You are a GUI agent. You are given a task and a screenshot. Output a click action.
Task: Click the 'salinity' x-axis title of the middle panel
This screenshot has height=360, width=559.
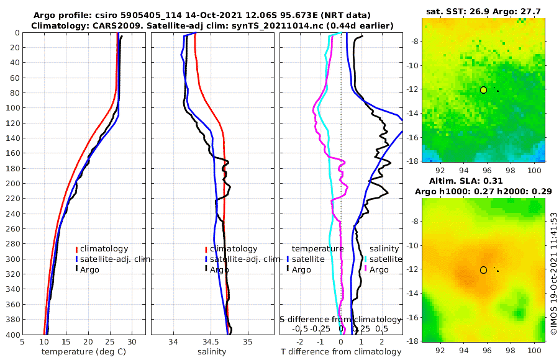[211, 352]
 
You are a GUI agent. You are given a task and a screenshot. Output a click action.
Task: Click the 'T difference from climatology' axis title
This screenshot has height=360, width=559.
[341, 352]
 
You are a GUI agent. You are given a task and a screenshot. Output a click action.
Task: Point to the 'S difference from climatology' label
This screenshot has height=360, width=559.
[341, 319]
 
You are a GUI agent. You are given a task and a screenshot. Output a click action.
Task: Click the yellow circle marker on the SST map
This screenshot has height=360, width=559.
[483, 90]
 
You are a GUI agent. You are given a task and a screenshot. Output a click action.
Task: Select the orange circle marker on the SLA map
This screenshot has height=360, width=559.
[483, 270]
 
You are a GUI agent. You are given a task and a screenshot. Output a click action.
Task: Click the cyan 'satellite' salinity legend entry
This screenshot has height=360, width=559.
[386, 259]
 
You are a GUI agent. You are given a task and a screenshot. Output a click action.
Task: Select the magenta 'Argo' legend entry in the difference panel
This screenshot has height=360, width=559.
[379, 269]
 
